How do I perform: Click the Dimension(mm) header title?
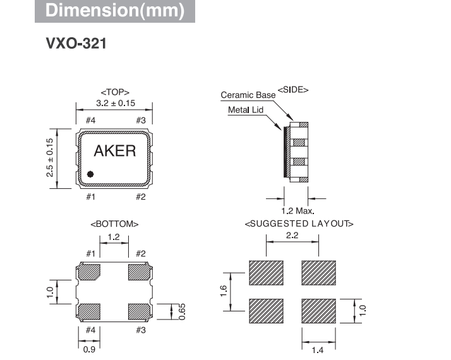coord(115,11)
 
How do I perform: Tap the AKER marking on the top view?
coord(114,150)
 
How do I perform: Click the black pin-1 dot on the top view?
coord(90,173)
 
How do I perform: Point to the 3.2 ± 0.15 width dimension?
coord(114,103)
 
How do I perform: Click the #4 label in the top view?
coord(90,120)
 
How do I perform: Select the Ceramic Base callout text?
coord(248,95)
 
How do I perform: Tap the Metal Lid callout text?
coord(245,110)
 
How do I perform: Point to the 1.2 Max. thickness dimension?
coord(298,210)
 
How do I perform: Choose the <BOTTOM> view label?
coord(114,224)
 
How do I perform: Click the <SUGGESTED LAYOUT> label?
coord(299,224)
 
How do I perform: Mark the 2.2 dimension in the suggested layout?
coord(292,236)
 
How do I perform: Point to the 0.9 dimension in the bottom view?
coord(88,348)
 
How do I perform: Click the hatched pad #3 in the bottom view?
coord(140,311)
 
